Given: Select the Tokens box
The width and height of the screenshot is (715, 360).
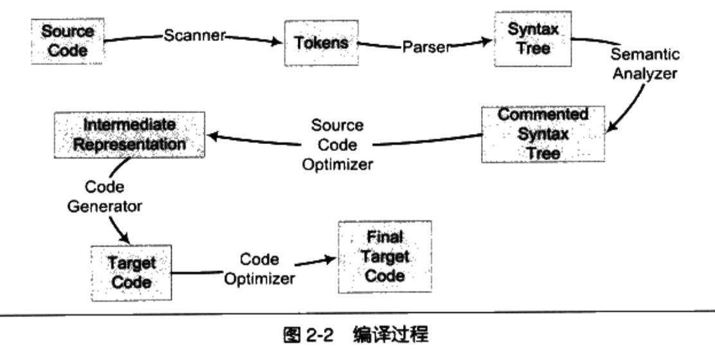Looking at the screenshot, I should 320,43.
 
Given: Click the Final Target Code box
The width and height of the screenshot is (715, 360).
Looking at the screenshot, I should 385,257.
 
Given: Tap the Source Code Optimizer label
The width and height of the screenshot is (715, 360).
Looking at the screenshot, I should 337,145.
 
